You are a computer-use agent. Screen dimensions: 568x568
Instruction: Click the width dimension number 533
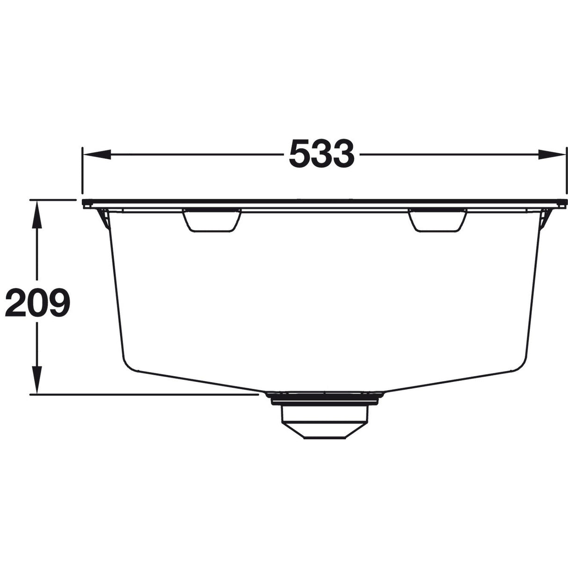tap(322, 154)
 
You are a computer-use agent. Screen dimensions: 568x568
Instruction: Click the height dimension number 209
tap(37, 303)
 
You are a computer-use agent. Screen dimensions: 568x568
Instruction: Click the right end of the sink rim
tap(564, 204)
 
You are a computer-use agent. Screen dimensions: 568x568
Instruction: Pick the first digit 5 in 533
tap(300, 154)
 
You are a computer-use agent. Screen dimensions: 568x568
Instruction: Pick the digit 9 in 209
tap(59, 303)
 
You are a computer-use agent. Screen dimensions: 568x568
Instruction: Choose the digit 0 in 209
tap(37, 303)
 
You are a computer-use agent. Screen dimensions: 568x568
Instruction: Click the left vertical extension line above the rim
tap(82, 173)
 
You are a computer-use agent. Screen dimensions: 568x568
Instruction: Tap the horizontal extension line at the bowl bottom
tap(140, 394)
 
